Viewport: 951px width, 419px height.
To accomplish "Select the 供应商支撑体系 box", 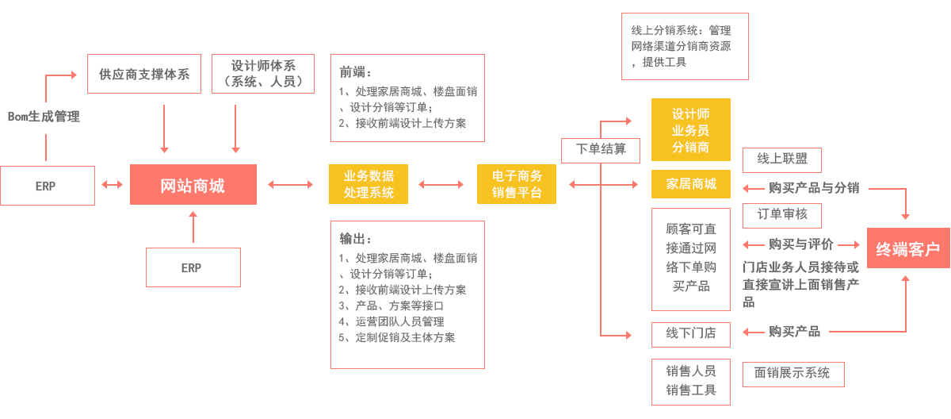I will pyautogui.click(x=144, y=75).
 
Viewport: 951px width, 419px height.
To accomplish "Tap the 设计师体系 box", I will pyautogui.click(x=263, y=74).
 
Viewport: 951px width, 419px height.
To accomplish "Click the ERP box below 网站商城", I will pyautogui.click(x=193, y=267).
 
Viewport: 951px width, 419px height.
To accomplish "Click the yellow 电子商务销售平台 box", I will pyautogui.click(x=516, y=184).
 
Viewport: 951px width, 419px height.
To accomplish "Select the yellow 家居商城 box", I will pyautogui.click(x=690, y=184).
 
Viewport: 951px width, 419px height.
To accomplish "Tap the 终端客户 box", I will pyautogui.click(x=907, y=249).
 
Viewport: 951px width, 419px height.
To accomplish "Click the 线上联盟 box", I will pyautogui.click(x=781, y=160).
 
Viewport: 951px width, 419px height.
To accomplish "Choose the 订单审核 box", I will pyautogui.click(x=781, y=215).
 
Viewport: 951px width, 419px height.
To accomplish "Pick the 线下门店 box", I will pyautogui.click(x=690, y=333).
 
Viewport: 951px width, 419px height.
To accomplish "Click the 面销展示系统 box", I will pyautogui.click(x=792, y=373).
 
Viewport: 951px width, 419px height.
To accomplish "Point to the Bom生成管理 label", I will pyautogui.click(x=44, y=117).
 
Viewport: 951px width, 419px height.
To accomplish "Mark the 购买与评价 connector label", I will pyautogui.click(x=800, y=244).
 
